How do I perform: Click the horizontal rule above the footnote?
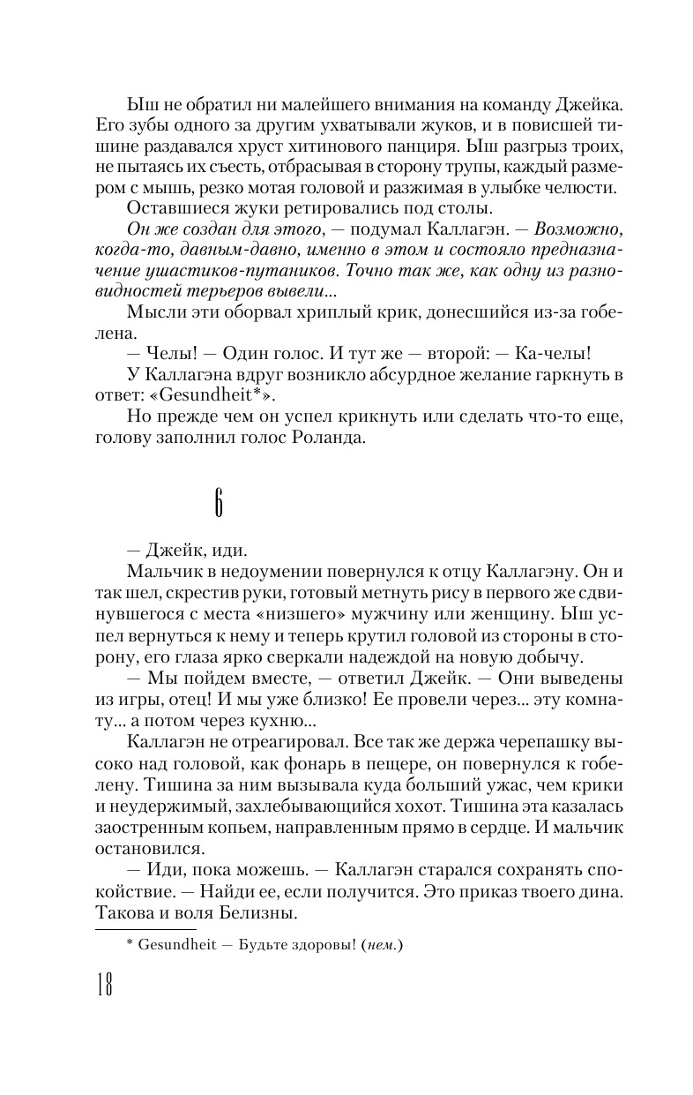(145, 928)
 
